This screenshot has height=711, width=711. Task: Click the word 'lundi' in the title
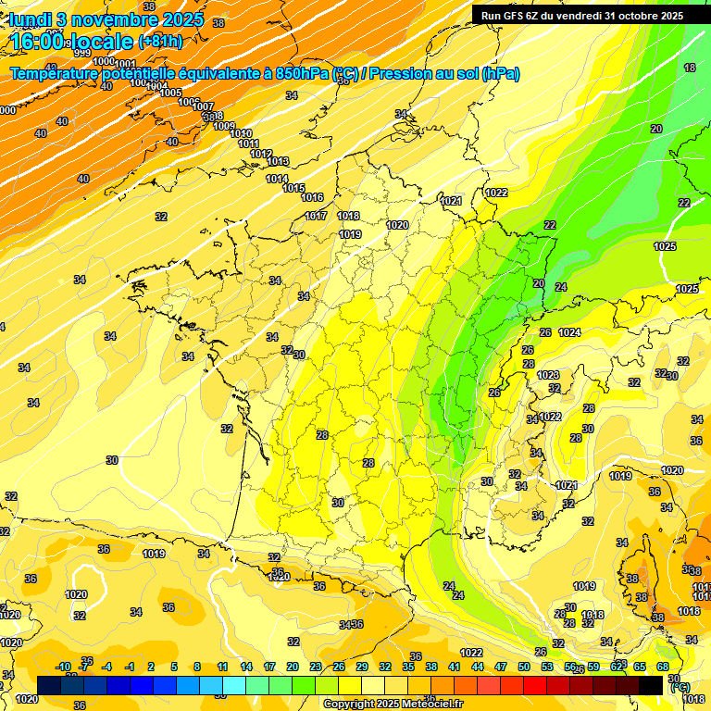pyautogui.click(x=30, y=19)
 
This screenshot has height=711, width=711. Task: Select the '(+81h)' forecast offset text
pyautogui.click(x=160, y=42)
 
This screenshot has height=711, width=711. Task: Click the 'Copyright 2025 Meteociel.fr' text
pyautogui.click(x=393, y=704)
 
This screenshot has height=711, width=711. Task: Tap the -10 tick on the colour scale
pyautogui.click(x=63, y=667)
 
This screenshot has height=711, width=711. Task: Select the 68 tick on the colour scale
pyautogui.click(x=663, y=667)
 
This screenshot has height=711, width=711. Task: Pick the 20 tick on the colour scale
pyautogui.click(x=292, y=667)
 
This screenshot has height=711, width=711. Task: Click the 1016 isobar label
pyautogui.click(x=312, y=197)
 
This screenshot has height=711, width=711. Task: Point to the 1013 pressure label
pyautogui.click(x=278, y=161)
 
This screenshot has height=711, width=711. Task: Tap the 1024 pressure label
pyautogui.click(x=569, y=332)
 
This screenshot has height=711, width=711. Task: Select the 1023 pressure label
pyautogui.click(x=548, y=375)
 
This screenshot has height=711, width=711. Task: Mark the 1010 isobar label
pyautogui.click(x=240, y=134)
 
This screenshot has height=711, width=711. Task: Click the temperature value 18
pyautogui.click(x=690, y=69)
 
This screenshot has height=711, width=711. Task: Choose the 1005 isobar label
pyautogui.click(x=170, y=93)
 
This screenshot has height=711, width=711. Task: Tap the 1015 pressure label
pyautogui.click(x=294, y=188)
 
